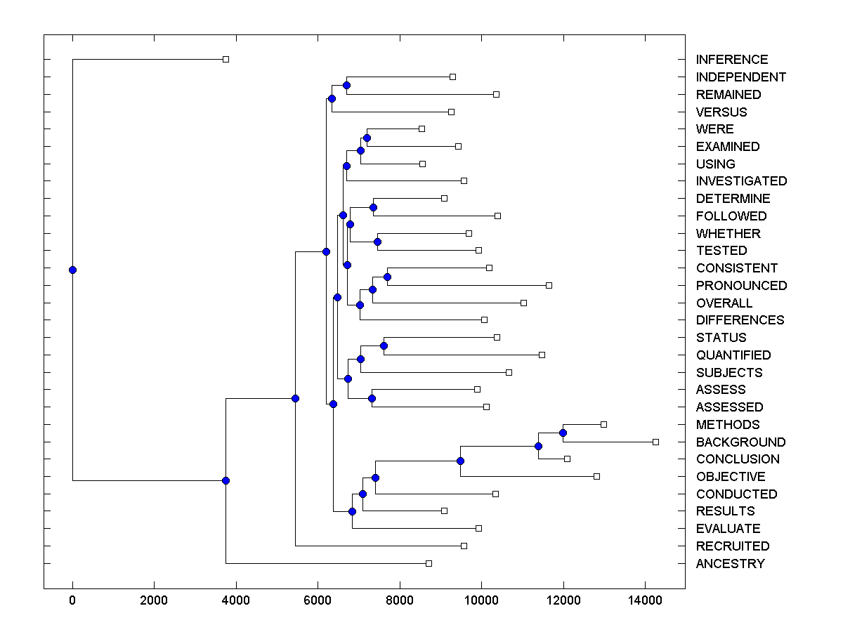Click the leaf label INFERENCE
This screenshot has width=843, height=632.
[x=731, y=60]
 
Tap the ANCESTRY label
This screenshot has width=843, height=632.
[x=730, y=563]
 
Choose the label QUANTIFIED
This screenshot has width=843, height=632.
[x=733, y=355]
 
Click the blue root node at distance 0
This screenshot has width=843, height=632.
[x=72, y=270]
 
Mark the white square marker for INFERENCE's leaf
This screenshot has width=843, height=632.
[x=226, y=59]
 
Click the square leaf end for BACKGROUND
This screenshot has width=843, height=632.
[x=655, y=442]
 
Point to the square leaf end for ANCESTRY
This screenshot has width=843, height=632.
[x=429, y=563]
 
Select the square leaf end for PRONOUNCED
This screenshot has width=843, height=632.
[x=549, y=285]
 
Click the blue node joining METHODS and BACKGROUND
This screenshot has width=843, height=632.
[x=563, y=433]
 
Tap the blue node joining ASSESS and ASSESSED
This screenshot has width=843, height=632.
[x=372, y=398]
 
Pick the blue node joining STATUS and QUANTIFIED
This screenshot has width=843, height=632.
[x=384, y=345]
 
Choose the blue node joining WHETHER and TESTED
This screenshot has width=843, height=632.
[x=377, y=242]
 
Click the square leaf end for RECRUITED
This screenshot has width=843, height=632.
[x=464, y=546]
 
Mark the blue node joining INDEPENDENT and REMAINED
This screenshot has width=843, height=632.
[x=346, y=85]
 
